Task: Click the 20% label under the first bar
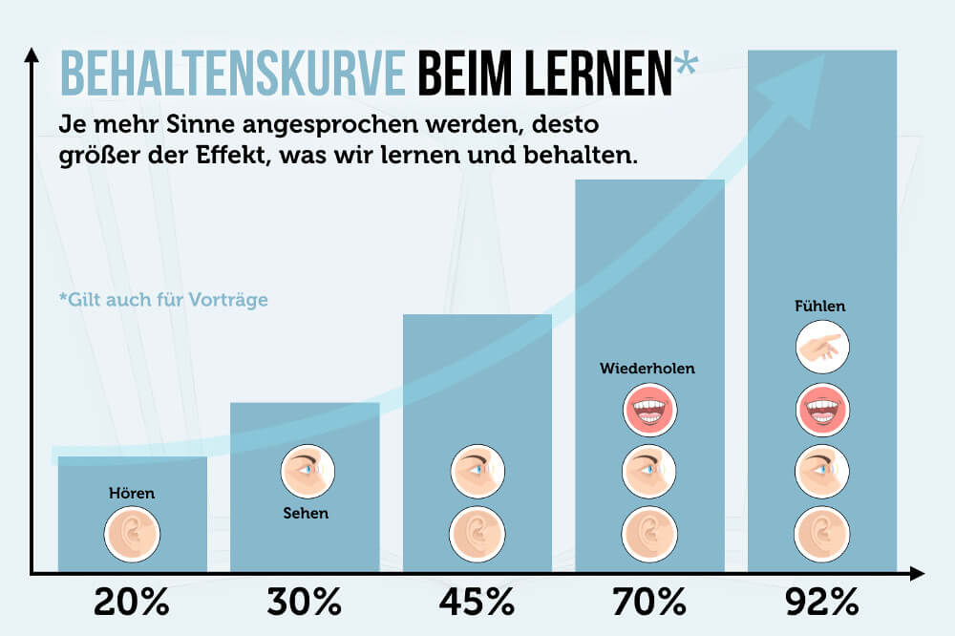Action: tap(132, 603)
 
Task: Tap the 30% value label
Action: tap(305, 603)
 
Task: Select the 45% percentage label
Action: tap(477, 603)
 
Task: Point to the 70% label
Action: tap(649, 603)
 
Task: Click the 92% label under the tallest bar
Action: tap(821, 603)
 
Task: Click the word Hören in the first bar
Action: tap(132, 494)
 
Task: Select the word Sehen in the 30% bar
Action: tap(305, 513)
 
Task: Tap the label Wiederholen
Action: tap(647, 368)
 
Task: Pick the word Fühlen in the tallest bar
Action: tap(820, 307)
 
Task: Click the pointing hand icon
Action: tap(822, 349)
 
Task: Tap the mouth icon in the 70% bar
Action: tap(649, 411)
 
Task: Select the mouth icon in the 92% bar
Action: tap(822, 411)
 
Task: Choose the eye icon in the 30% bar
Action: tap(306, 471)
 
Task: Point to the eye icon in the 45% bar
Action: tap(477, 471)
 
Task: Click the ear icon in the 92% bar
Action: tap(822, 531)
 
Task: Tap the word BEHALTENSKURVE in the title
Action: tap(233, 73)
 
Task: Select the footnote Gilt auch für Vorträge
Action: tap(162, 299)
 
